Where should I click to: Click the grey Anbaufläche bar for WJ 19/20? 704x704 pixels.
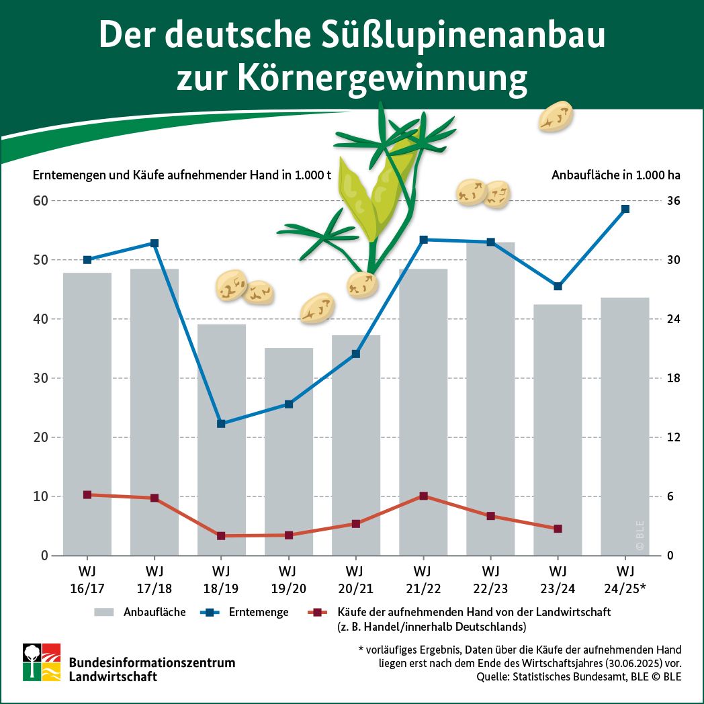289,450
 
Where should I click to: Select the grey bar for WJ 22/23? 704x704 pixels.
490,403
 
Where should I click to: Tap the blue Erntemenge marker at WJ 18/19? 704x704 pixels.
221,423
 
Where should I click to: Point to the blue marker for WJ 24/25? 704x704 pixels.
625,209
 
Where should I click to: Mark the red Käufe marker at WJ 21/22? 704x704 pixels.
423,496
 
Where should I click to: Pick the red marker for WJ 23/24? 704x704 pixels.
558,529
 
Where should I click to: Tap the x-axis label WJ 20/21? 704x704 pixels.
355,580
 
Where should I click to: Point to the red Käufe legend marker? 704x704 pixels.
318,612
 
